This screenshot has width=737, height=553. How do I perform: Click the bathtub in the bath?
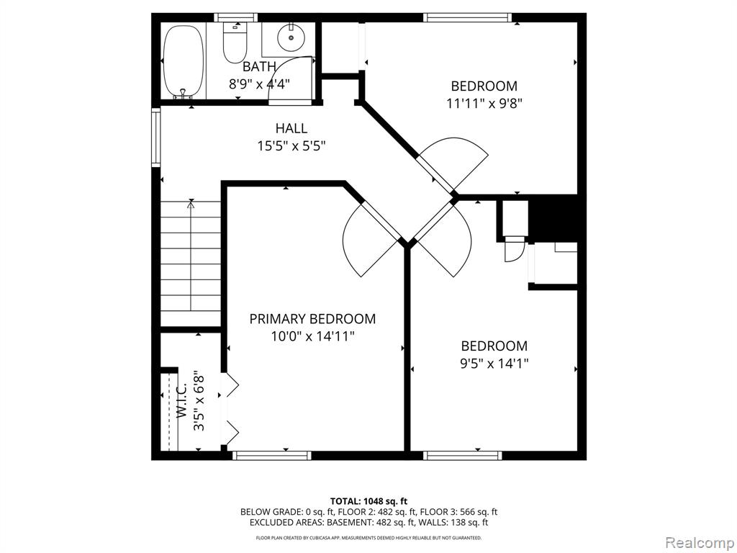184,61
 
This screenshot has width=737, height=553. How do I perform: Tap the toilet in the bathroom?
235,42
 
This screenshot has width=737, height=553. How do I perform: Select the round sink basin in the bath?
291,37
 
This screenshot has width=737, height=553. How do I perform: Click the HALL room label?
291,128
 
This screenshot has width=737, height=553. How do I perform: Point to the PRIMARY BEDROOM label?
312,319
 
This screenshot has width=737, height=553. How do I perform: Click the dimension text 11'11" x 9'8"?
484,103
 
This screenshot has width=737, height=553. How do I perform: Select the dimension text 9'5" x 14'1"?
494,364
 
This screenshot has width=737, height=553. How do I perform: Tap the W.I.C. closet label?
182,400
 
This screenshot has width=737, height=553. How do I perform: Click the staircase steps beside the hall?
191,264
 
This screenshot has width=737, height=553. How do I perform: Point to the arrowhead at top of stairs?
191,204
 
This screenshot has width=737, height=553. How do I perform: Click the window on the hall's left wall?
155,136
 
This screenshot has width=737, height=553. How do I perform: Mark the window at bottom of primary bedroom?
272,455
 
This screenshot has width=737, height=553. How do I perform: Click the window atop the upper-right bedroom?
466,18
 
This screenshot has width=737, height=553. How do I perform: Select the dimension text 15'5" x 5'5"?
291,145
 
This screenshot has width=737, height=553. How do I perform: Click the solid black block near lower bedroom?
553,218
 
